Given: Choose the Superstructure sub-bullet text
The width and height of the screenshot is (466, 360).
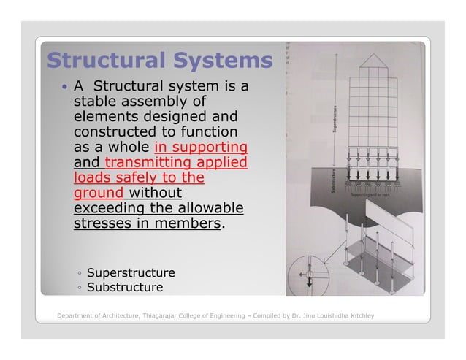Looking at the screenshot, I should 131,273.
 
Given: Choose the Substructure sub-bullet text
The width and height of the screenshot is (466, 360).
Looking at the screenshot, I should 124,288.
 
